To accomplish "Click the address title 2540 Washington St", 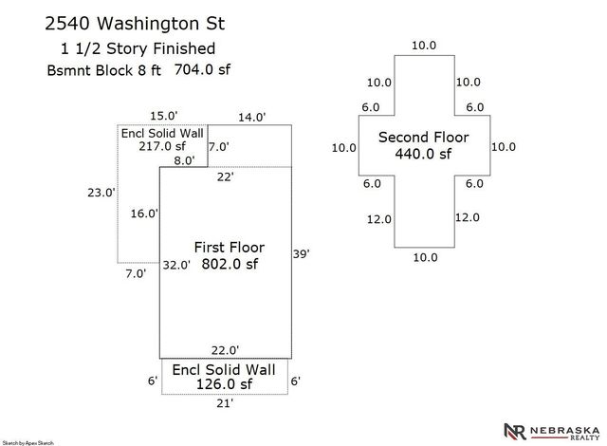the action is click(x=135, y=23).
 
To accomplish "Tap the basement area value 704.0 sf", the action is click(x=202, y=69).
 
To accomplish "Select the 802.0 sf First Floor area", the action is click(x=230, y=264).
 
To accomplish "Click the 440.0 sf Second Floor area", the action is click(x=423, y=154).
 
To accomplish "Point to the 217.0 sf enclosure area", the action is click(x=162, y=146).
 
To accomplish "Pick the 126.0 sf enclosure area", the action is click(x=224, y=384).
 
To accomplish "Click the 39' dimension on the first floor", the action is click(x=301, y=254).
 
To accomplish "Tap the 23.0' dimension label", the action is click(x=101, y=193).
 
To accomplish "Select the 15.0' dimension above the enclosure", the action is click(x=164, y=116).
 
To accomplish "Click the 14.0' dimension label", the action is click(x=251, y=117).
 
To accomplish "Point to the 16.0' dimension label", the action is click(x=144, y=214).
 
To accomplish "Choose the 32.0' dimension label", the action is click(x=176, y=265).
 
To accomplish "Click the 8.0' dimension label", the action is click(x=184, y=160).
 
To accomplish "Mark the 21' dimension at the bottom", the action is click(x=225, y=403).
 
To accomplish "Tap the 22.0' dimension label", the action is click(x=225, y=350).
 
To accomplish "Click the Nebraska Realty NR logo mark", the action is click(x=515, y=432).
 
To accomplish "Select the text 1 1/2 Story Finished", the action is click(x=138, y=48).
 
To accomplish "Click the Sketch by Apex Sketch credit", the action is click(x=28, y=443).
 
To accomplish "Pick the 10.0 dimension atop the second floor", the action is click(x=424, y=46).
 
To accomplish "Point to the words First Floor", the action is click(x=230, y=247).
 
